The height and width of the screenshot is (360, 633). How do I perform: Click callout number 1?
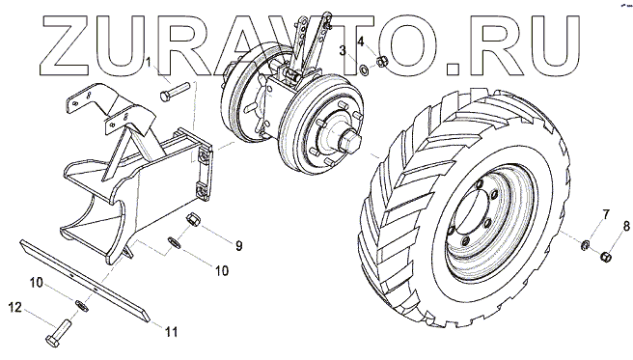[149, 62]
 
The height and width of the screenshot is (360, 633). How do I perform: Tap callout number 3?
[343, 50]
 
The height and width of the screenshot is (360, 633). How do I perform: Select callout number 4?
[361, 41]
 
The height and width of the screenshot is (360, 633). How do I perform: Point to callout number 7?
[606, 214]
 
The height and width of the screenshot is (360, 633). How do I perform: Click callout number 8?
[626, 226]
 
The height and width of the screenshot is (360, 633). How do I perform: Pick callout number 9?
[239, 245]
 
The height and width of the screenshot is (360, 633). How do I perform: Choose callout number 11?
[171, 332]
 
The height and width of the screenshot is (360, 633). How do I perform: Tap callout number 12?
[15, 308]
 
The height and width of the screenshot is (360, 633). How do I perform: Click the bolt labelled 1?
[175, 92]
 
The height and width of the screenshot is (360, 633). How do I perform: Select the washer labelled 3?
[364, 70]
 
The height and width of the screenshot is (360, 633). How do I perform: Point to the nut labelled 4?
[382, 62]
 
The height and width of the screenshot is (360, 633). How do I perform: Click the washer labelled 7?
[585, 244]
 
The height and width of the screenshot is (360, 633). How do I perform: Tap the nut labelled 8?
[606, 256]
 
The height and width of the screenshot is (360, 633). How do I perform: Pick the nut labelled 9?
[191, 220]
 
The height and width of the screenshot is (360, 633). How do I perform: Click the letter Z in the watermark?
[68, 45]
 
